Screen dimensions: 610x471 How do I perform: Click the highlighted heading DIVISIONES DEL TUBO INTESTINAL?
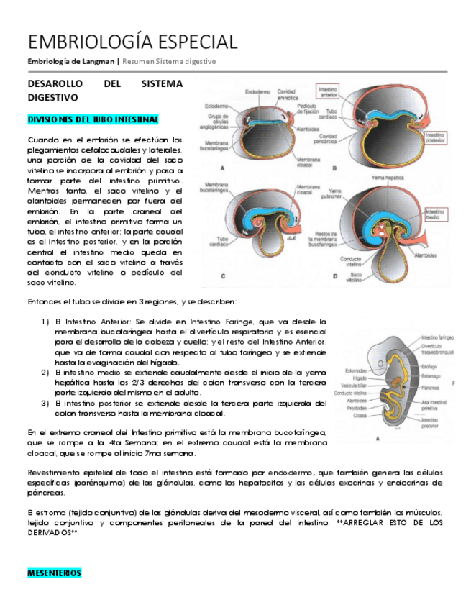(x=93, y=119)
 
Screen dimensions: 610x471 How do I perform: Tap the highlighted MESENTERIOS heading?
(x=54, y=573)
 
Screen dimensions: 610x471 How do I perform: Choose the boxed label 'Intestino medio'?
(x=436, y=217)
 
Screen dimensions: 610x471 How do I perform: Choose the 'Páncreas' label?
(x=431, y=387)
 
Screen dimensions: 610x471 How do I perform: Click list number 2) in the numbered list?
(x=45, y=372)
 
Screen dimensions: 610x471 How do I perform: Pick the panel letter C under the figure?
(x=223, y=276)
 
